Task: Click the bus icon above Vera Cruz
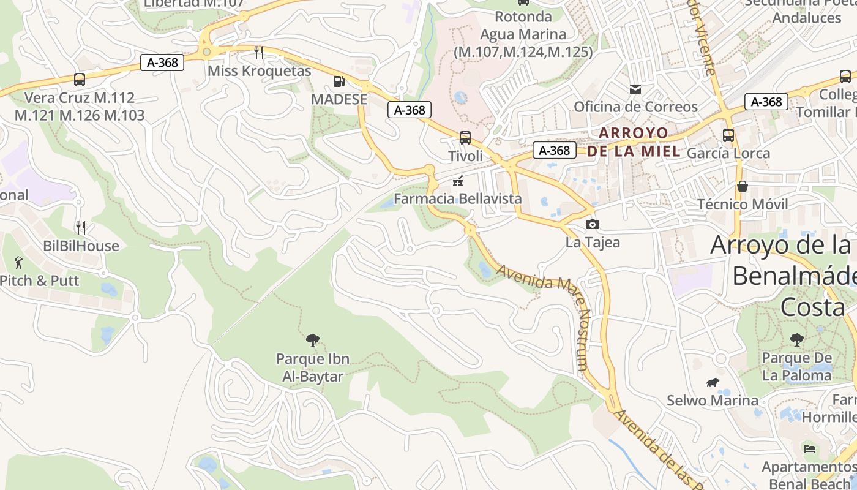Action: click(79, 79)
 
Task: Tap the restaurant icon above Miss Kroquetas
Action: click(259, 53)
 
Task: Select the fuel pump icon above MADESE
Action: click(339, 81)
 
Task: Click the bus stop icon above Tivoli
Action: click(465, 137)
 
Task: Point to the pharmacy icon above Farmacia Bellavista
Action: click(457, 181)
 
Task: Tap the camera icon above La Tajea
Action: click(592, 224)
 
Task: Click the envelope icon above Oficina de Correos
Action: click(635, 89)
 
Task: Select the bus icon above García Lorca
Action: click(728, 135)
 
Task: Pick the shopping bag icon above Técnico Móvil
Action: click(743, 186)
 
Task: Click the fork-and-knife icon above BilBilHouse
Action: click(81, 228)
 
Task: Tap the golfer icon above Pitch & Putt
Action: click(18, 263)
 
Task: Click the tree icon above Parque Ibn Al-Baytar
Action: click(312, 341)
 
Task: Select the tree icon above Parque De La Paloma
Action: click(796, 339)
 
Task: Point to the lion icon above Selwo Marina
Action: click(712, 383)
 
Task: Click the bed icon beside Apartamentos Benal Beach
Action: click(810, 449)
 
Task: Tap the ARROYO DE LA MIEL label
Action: click(634, 141)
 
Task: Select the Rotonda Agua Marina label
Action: click(523, 34)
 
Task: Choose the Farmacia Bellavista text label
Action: click(457, 198)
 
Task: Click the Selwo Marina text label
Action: click(713, 401)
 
